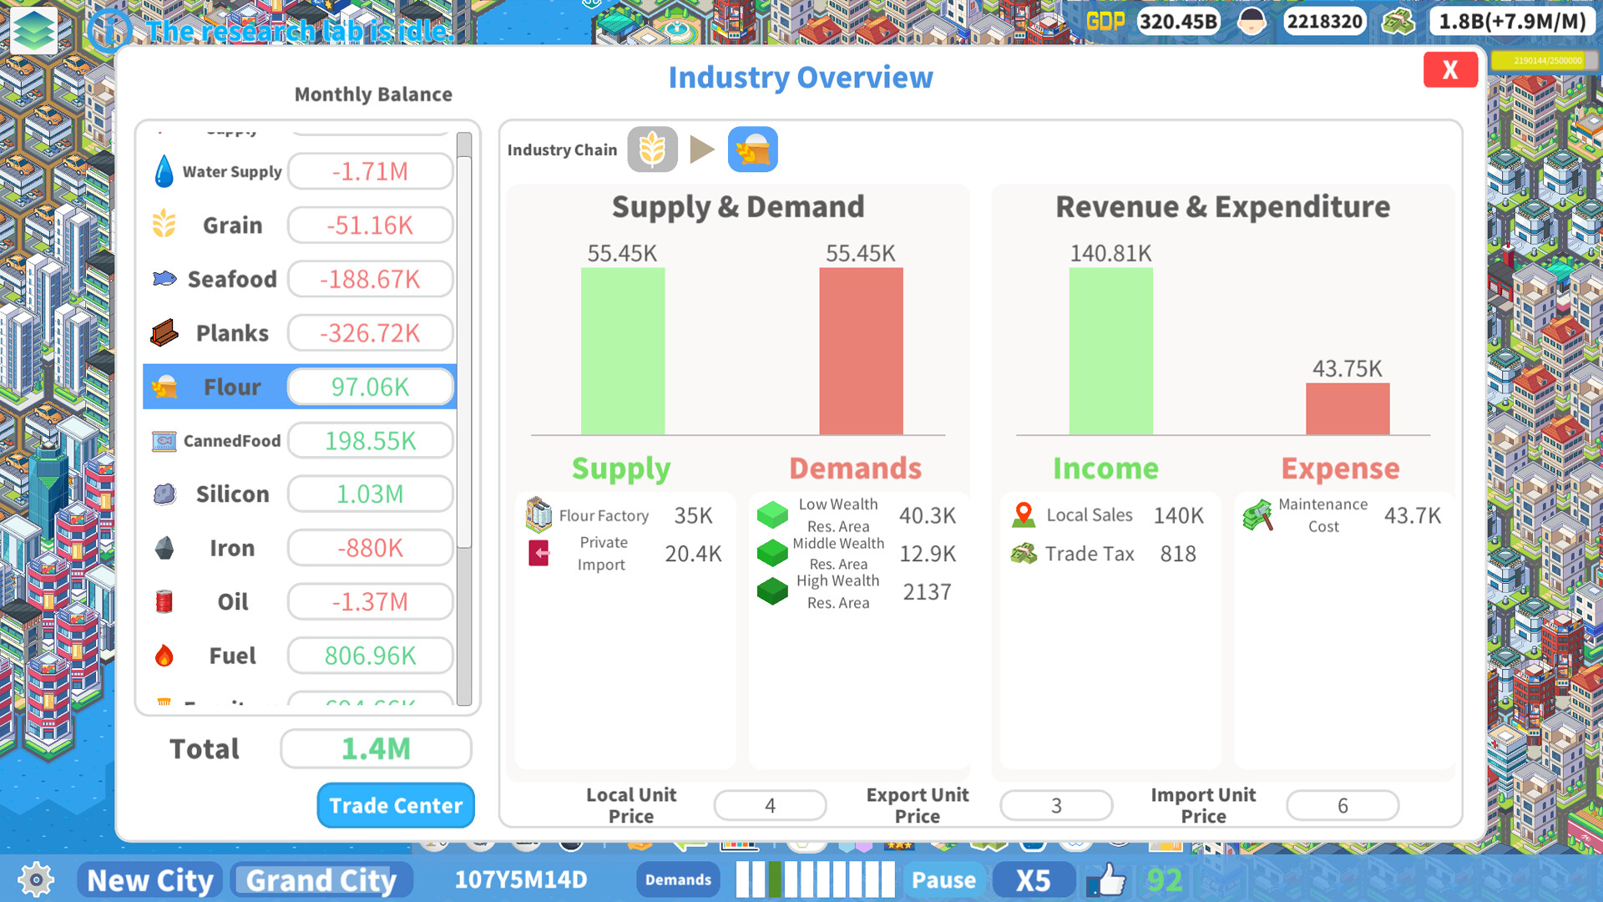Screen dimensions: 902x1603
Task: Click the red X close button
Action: [x=1450, y=70]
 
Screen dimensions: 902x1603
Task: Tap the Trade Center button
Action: [x=396, y=805]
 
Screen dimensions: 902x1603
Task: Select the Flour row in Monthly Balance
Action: [x=300, y=387]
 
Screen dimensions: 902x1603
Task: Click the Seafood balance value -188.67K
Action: [x=370, y=279]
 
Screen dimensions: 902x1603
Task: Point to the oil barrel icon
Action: [x=164, y=601]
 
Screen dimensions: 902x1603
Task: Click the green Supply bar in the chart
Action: [x=623, y=351]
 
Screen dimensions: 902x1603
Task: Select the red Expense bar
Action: [x=1348, y=408]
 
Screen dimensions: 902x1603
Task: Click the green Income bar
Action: [x=1110, y=351]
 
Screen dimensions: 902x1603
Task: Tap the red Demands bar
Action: [x=861, y=351]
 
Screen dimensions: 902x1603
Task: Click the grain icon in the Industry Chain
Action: [x=652, y=149]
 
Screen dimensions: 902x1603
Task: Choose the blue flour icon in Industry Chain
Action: [x=752, y=149]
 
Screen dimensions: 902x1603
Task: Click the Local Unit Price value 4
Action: [x=770, y=805]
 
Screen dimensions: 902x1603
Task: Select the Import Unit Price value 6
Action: [x=1343, y=805]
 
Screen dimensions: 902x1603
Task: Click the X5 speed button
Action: [x=1033, y=880]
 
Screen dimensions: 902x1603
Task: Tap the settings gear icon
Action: [x=36, y=879]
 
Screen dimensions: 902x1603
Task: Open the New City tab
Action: [x=150, y=880]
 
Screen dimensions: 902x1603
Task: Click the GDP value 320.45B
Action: [x=1178, y=22]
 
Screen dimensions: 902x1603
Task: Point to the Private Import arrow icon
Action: [x=539, y=553]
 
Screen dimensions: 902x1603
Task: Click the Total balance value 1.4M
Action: [x=376, y=748]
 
